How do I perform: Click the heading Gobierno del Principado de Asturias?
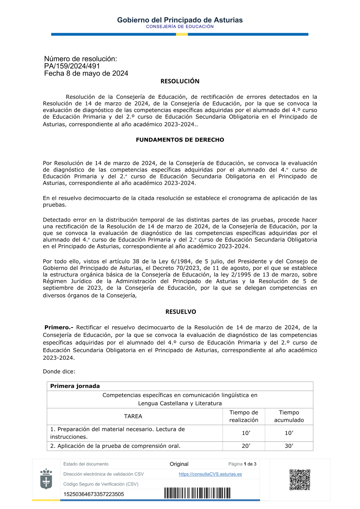click(180, 20)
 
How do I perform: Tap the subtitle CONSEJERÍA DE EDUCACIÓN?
click(180, 27)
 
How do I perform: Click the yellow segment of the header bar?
click(182, 35)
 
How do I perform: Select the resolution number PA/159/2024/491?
click(72, 66)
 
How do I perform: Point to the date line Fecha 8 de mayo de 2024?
click(86, 73)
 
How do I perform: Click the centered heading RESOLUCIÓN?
click(180, 81)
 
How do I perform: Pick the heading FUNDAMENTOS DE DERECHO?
click(180, 140)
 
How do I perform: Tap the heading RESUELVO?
click(181, 312)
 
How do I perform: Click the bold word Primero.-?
click(59, 327)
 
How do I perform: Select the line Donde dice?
click(59, 371)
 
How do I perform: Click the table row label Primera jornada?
click(75, 386)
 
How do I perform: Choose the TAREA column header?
click(133, 416)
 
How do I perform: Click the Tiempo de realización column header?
click(244, 416)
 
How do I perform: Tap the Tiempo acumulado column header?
click(289, 416)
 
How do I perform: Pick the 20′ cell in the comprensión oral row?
click(246, 446)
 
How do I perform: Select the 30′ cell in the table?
click(289, 446)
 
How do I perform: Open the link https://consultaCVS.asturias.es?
click(210, 474)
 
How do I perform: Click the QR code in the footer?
click(300, 479)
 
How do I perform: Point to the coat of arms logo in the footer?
click(46, 479)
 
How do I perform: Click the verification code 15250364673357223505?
click(94, 494)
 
